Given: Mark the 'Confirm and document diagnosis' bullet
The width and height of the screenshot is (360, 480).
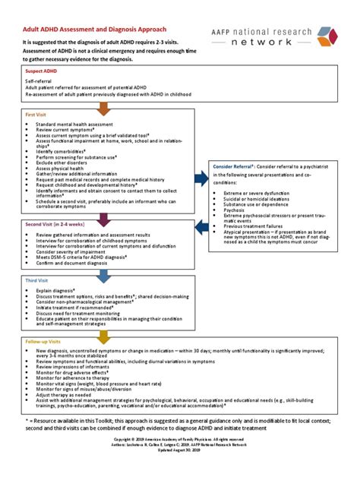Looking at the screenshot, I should [x=77, y=263].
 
